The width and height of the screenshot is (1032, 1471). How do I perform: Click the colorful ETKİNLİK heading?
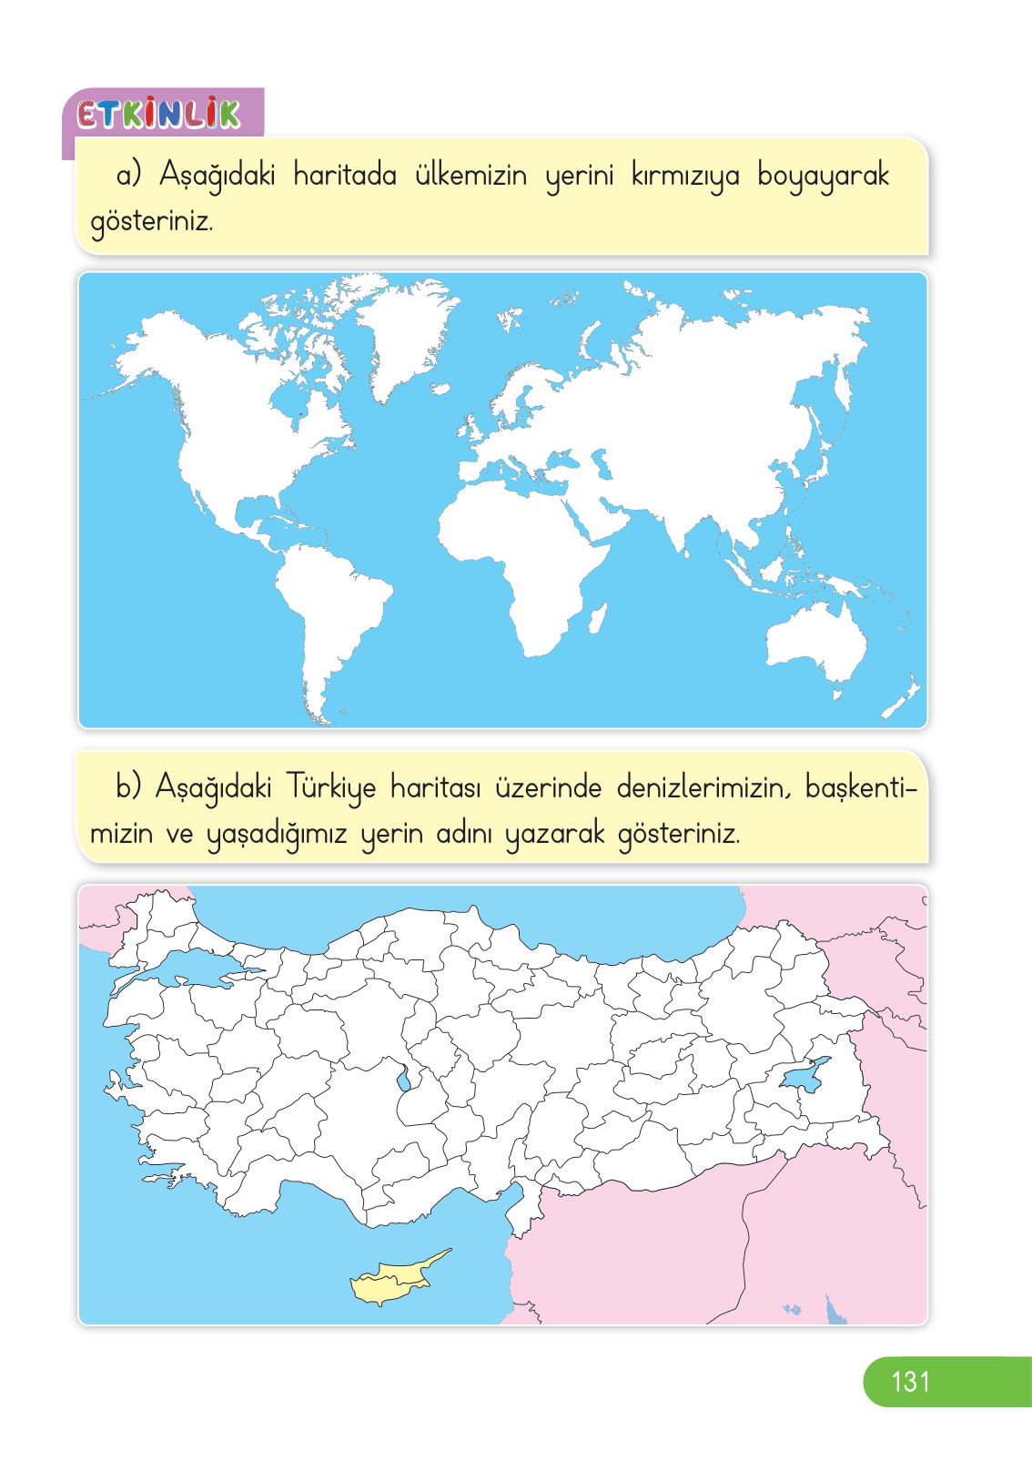pyautogui.click(x=159, y=114)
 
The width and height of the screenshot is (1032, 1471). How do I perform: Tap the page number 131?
pyautogui.click(x=910, y=1382)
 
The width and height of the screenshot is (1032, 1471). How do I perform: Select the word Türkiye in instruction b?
pyautogui.click(x=331, y=787)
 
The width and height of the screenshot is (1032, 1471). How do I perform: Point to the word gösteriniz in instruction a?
pyautogui.click(x=151, y=222)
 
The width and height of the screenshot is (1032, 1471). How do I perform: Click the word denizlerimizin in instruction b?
pyautogui.click(x=702, y=787)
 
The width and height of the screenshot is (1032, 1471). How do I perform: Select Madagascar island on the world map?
pyautogui.click(x=598, y=618)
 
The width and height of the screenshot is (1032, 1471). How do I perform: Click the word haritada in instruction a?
pyautogui.click(x=345, y=175)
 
